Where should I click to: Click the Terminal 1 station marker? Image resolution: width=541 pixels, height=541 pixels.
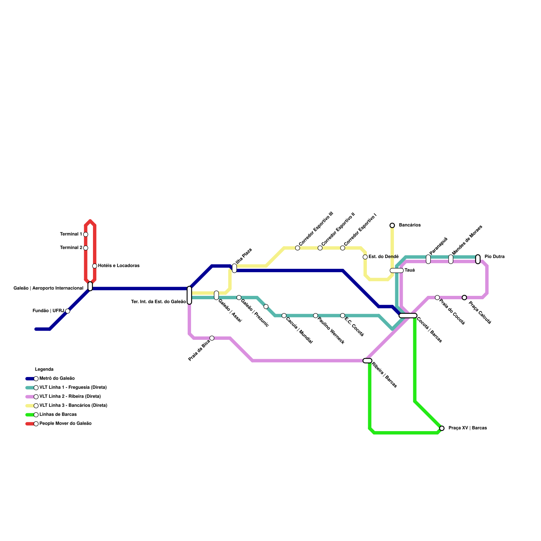point(86,234)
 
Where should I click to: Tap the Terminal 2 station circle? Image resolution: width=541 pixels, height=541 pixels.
point(86,248)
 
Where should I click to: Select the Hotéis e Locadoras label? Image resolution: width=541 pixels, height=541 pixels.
point(119,266)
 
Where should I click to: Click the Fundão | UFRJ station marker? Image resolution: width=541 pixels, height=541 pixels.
point(68,311)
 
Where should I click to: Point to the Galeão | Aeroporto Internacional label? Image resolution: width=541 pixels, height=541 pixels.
point(48,288)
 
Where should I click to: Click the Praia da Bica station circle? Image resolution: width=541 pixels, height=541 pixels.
point(212,338)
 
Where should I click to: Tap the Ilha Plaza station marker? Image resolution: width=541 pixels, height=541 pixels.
point(234,268)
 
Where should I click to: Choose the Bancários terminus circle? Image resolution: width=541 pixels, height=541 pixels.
point(392,225)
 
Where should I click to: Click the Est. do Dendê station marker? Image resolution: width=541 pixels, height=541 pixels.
point(365,257)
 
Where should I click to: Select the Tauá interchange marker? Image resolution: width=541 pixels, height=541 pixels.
point(396,270)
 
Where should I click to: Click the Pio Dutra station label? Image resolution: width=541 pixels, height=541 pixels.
point(494,257)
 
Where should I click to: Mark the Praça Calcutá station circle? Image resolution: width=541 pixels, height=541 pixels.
point(464,298)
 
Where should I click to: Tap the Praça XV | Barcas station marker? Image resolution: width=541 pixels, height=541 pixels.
point(442,428)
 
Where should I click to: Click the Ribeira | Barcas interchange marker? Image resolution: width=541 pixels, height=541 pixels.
point(367,361)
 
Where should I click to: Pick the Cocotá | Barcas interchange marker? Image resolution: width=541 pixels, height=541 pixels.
point(408,315)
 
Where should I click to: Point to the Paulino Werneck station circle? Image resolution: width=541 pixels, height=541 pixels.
point(315,315)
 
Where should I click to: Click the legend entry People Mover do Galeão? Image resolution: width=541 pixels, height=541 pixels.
point(65,424)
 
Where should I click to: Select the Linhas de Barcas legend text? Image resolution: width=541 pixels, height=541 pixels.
point(58,415)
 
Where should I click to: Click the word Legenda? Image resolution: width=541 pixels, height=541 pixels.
point(44,370)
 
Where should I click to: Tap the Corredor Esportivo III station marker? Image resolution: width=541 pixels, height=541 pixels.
point(298,248)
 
